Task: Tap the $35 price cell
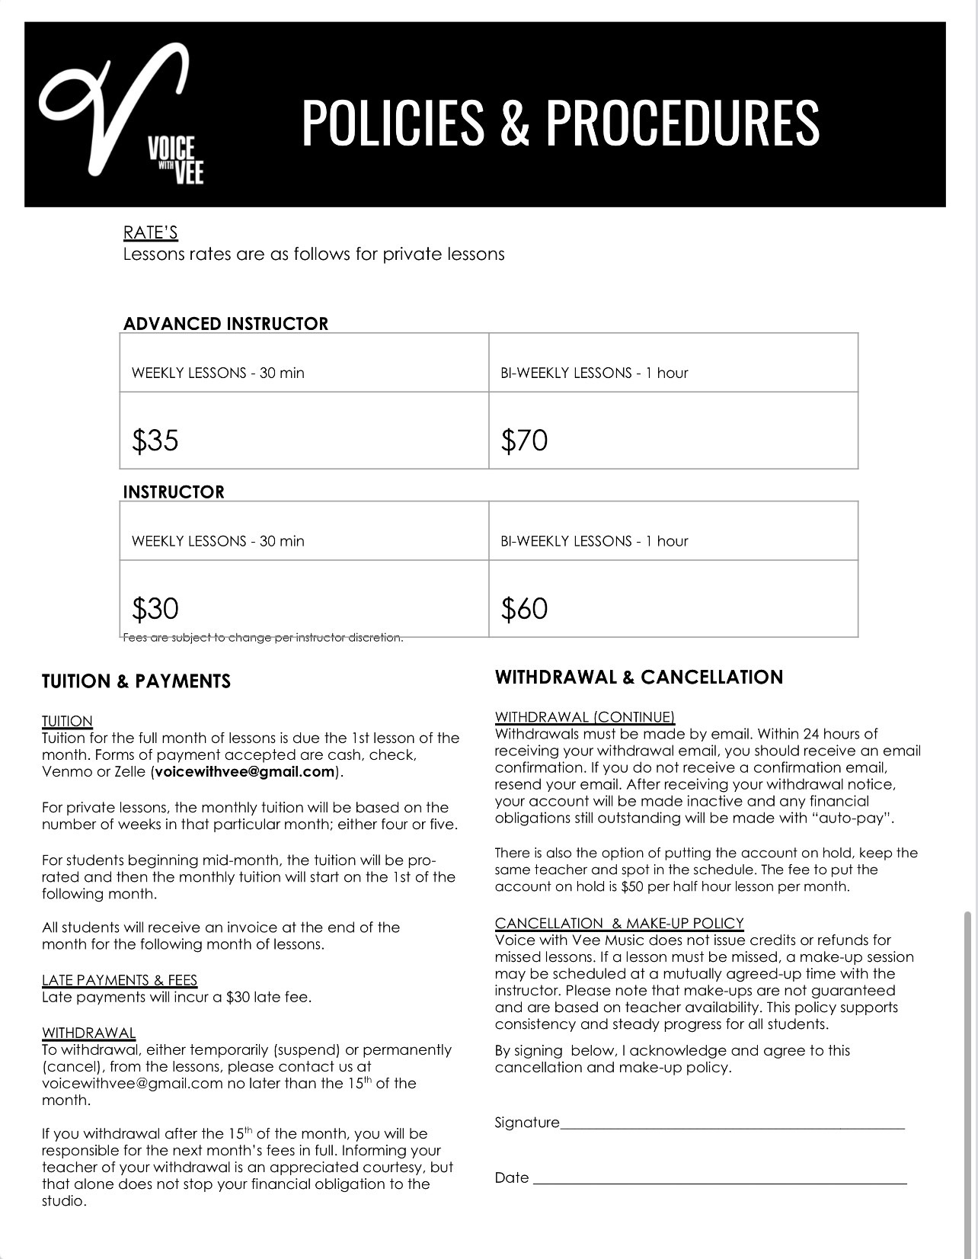[x=155, y=440]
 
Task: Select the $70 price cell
[x=524, y=440]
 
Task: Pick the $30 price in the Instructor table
[x=155, y=609]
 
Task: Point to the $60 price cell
[x=524, y=609]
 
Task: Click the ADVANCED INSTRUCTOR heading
[x=225, y=324]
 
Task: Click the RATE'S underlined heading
[x=151, y=232]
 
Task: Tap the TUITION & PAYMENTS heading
[x=136, y=681]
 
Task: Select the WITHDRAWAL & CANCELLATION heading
[x=638, y=678]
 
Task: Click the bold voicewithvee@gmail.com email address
[x=244, y=771]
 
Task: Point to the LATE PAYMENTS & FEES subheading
[x=120, y=980]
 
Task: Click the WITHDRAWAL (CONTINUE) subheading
[x=585, y=717]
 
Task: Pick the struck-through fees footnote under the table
[x=263, y=638]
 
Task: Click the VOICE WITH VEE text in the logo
[x=176, y=160]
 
